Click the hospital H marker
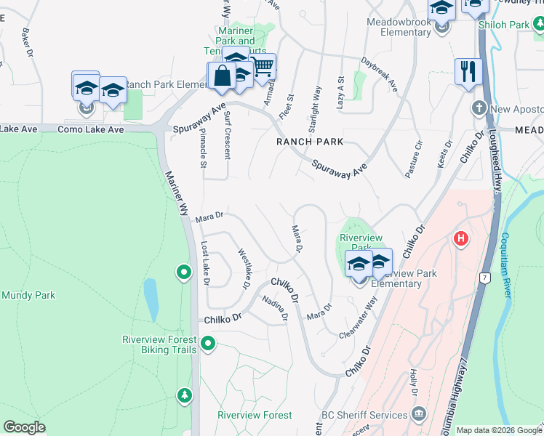pyautogui.click(x=460, y=238)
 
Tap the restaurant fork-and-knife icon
pyautogui.click(x=468, y=72)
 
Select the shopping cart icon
pyautogui.click(x=263, y=67)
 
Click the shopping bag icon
pyautogui.click(x=221, y=75)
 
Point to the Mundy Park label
pyautogui.click(x=28, y=295)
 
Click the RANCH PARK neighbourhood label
pyautogui.click(x=309, y=142)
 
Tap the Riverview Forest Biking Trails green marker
pyautogui.click(x=209, y=343)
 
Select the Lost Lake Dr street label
pyautogui.click(x=205, y=263)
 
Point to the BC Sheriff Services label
pyautogui.click(x=364, y=415)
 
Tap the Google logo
pyautogui.click(x=24, y=427)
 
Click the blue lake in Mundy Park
pyautogui.click(x=151, y=299)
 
